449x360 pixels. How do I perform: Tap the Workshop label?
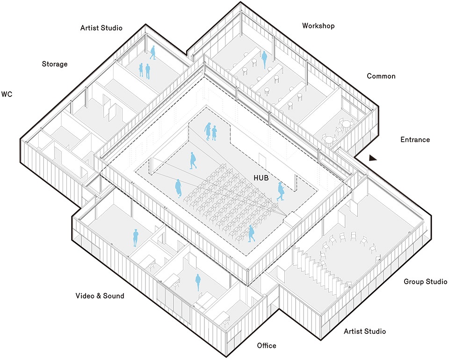pyautogui.click(x=318, y=26)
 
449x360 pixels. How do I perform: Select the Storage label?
pyautogui.click(x=55, y=64)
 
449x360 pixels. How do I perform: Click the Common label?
pyautogui.click(x=381, y=76)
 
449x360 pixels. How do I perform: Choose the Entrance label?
pyautogui.click(x=415, y=140)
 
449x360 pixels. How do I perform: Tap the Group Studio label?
pyautogui.click(x=425, y=282)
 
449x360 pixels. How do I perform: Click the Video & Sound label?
pyautogui.click(x=100, y=296)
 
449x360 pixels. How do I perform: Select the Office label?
pyautogui.click(x=267, y=346)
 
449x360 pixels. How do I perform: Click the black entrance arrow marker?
pyautogui.click(x=372, y=158)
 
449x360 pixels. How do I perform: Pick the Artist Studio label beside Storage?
pyautogui.click(x=101, y=28)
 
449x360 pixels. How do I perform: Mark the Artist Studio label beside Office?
pyautogui.click(x=365, y=331)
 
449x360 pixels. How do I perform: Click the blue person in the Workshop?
pyautogui.click(x=264, y=59)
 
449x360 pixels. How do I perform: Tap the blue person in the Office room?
pyautogui.click(x=198, y=282)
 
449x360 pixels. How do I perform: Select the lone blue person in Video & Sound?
pyautogui.click(x=135, y=238)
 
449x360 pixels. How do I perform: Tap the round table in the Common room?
pyautogui.click(x=345, y=125)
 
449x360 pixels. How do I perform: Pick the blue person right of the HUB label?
pyautogui.click(x=281, y=191)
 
